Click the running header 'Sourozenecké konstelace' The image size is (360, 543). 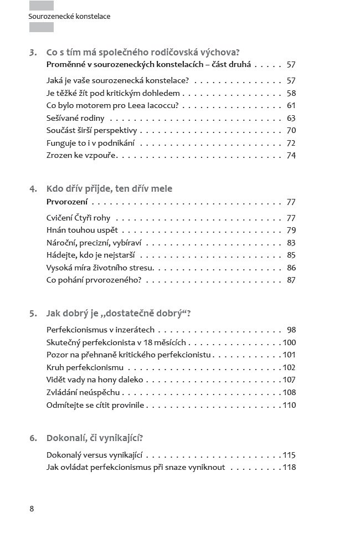[x=69, y=17]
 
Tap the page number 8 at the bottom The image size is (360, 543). [x=32, y=509]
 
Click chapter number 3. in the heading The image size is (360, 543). [x=33, y=53]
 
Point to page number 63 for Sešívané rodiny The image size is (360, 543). [x=291, y=118]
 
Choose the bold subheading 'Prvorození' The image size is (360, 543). [x=71, y=202]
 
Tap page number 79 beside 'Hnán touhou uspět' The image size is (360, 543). [x=291, y=230]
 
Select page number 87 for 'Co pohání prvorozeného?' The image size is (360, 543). [x=291, y=280]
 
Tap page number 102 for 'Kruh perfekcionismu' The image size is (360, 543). [x=289, y=367]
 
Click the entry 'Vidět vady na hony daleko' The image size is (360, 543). [x=95, y=380]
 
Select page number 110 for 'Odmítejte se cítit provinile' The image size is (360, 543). [x=289, y=405]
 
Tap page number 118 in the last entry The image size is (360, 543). [x=289, y=467]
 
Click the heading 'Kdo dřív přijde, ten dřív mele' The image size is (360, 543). [x=109, y=188]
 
